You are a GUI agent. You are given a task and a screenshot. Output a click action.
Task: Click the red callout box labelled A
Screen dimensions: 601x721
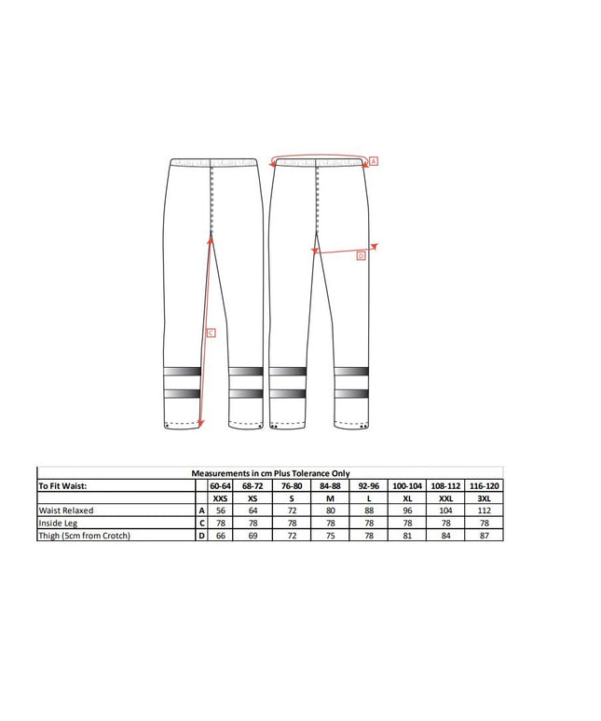click(x=374, y=161)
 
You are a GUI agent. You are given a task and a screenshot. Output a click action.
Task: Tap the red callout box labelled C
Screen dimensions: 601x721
click(x=212, y=333)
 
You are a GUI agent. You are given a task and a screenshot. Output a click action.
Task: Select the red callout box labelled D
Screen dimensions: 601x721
click(x=361, y=255)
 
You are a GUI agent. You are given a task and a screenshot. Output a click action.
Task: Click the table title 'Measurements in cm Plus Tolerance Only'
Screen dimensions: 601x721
click(x=270, y=473)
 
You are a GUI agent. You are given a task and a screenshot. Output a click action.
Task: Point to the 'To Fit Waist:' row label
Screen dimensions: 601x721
click(x=62, y=486)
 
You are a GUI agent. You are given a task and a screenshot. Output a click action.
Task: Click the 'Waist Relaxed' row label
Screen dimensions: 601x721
click(x=66, y=510)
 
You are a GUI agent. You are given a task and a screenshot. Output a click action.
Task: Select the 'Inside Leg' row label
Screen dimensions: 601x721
click(x=58, y=524)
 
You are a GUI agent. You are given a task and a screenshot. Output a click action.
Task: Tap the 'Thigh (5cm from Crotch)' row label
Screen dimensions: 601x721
click(x=85, y=536)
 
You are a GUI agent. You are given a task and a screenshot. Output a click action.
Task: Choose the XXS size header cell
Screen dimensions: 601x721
click(x=220, y=498)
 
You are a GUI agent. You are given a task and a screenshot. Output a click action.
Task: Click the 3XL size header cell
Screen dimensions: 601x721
click(x=485, y=498)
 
